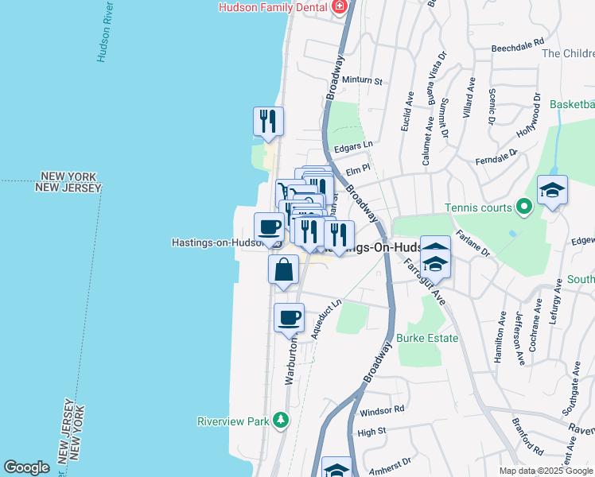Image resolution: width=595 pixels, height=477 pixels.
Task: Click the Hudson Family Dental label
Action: click(x=274, y=7)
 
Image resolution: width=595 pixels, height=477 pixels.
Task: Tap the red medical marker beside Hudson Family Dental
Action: click(x=340, y=7)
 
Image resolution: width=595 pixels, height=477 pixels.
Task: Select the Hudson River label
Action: click(x=103, y=37)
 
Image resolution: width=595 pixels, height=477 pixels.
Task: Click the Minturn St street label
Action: click(x=364, y=81)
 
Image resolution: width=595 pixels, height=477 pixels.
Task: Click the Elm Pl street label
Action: click(x=359, y=168)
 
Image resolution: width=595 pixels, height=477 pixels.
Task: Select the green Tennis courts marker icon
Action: click(x=523, y=208)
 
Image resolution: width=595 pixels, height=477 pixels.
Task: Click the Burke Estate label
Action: click(x=427, y=338)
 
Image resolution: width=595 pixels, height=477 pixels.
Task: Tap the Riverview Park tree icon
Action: click(x=280, y=419)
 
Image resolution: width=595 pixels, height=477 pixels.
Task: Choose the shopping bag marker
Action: click(x=283, y=270)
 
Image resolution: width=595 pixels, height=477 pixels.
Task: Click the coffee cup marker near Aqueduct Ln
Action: click(x=289, y=317)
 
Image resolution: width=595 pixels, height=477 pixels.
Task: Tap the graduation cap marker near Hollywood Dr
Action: click(x=552, y=191)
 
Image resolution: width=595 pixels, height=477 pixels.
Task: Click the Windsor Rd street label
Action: click(x=382, y=410)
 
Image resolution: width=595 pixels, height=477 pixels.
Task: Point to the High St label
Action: click(x=371, y=432)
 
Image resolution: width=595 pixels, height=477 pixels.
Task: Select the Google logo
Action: click(x=26, y=467)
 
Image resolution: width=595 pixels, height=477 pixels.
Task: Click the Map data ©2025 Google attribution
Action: click(x=545, y=471)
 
